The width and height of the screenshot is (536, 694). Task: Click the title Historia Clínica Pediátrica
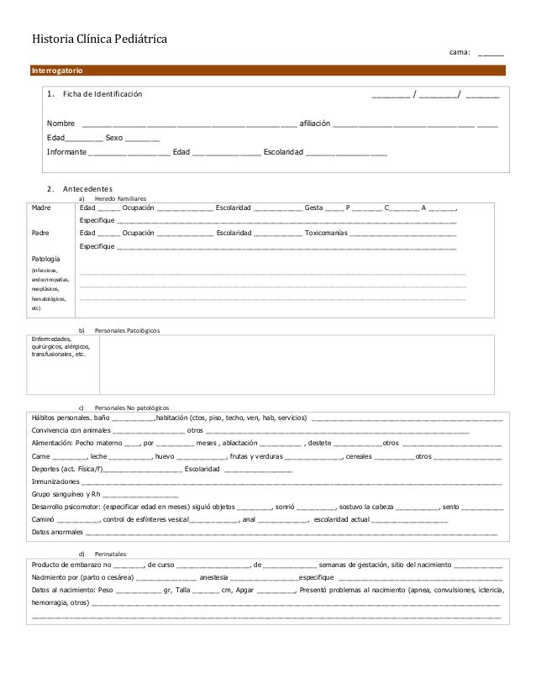[x=99, y=39]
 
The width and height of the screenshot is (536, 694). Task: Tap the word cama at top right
[x=460, y=52]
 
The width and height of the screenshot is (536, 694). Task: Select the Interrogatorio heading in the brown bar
[x=57, y=69]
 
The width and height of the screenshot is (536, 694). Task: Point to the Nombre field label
[x=60, y=123]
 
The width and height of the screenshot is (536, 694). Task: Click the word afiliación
[x=315, y=123]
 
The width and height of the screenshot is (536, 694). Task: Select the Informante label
[x=66, y=152]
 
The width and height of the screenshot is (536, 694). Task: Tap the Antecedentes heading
[x=93, y=188]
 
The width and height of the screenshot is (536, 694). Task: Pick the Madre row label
[x=41, y=207]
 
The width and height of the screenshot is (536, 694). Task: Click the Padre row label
[x=40, y=232]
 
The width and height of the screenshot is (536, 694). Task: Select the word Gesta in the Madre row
[x=314, y=207]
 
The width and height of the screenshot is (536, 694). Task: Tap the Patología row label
[x=45, y=258]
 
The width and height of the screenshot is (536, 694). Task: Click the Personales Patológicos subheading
[x=127, y=330]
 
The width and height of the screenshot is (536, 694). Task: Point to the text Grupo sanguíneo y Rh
[x=66, y=495]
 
